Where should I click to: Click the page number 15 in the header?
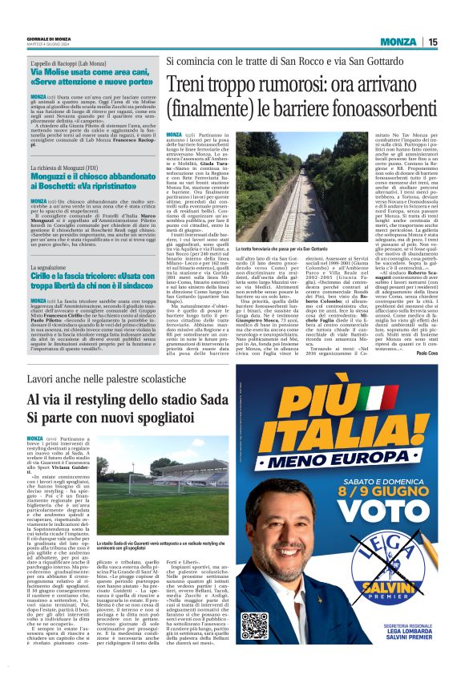click(433, 42)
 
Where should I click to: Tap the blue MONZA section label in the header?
click(398, 42)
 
